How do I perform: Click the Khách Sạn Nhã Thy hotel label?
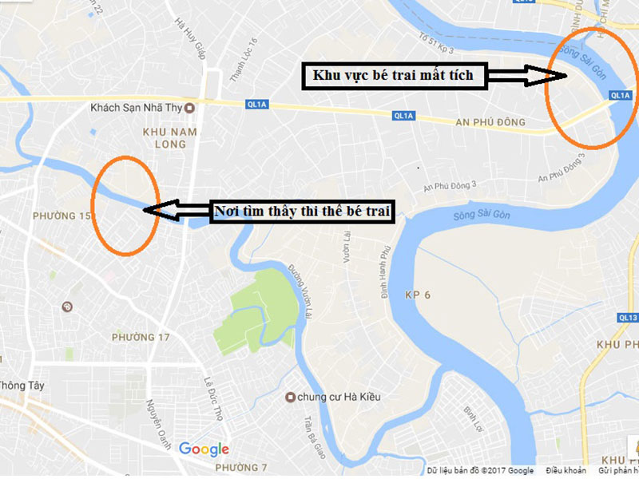click(137, 108)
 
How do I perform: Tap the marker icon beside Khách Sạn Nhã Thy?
click(189, 108)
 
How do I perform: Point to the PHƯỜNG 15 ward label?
click(62, 216)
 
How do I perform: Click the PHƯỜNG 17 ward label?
click(141, 337)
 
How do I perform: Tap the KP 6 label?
click(417, 295)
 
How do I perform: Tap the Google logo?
click(204, 449)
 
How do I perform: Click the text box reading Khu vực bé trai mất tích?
click(393, 76)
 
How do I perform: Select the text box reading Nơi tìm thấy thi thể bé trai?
click(304, 212)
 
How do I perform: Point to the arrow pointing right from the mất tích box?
click(527, 76)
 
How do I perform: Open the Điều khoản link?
click(566, 470)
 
